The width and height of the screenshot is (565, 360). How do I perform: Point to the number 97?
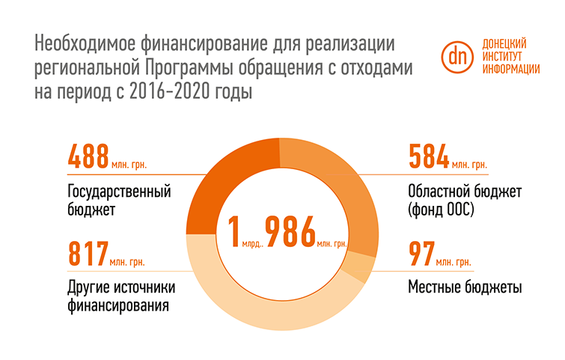[x=421, y=254]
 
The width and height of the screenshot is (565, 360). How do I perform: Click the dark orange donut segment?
[x=225, y=180]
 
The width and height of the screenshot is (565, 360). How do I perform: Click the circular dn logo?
[x=456, y=56]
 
